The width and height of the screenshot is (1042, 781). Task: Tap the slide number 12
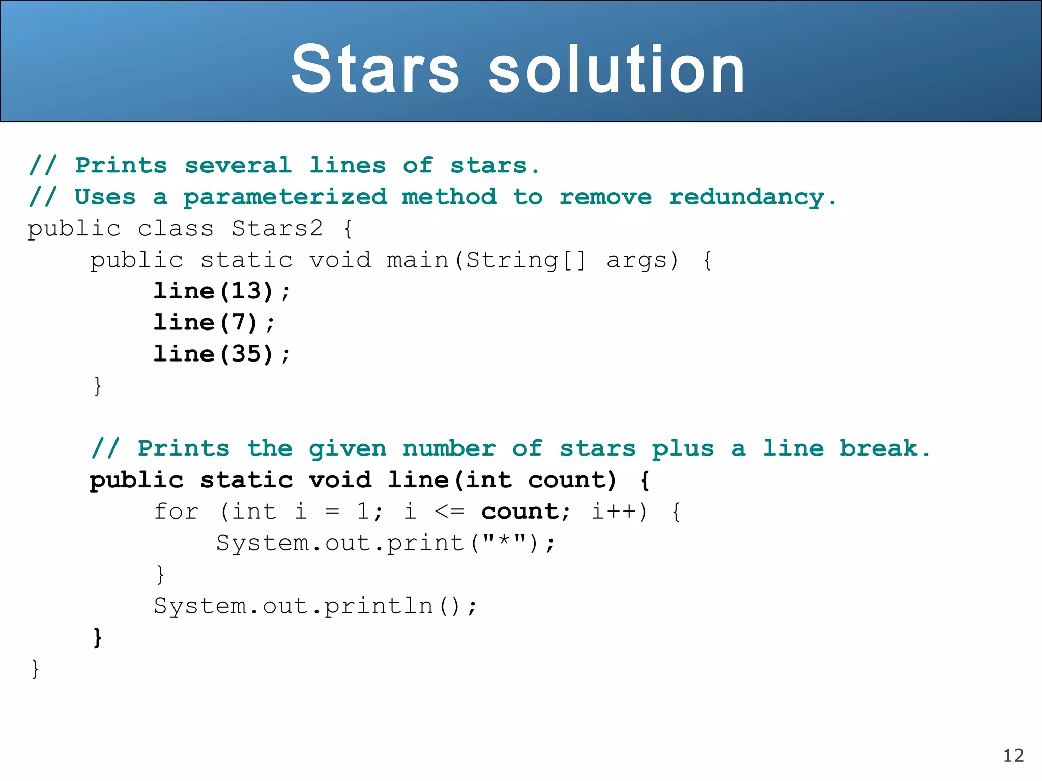(1013, 756)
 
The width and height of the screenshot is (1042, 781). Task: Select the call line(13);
(222, 291)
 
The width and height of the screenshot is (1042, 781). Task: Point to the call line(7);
(214, 323)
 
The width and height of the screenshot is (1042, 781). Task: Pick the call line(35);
(222, 354)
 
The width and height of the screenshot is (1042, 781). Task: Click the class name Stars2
(277, 229)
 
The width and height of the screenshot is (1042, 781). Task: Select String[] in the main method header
(526, 260)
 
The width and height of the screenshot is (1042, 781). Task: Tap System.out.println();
(315, 606)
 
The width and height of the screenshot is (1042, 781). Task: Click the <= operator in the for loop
(449, 512)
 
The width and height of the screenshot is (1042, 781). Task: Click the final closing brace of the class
(35, 669)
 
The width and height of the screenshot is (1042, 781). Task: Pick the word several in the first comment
(238, 166)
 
